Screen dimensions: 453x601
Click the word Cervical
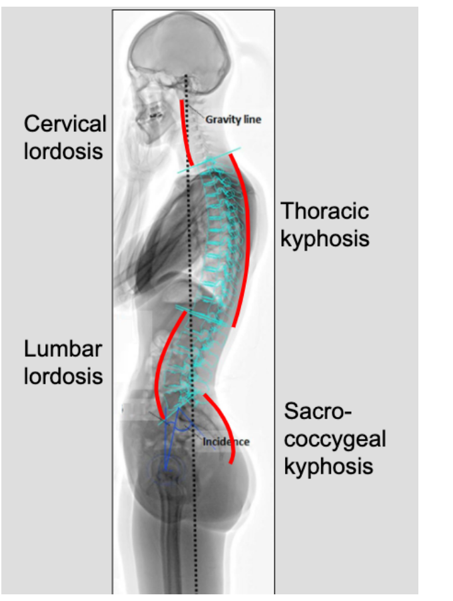coord(65,124)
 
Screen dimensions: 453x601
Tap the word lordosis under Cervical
coord(64,151)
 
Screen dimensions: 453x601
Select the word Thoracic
coord(324,211)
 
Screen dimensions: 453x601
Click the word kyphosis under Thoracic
coord(324,239)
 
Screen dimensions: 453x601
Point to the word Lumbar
coord(63,349)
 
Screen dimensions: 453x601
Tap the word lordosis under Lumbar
coord(64,376)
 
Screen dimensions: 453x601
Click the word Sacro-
coord(316,411)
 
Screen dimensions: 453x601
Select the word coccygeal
coord(335,438)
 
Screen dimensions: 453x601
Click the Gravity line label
coord(233,120)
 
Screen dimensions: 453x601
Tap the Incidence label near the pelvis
coord(226,441)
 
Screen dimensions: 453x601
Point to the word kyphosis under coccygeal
coord(328,465)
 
